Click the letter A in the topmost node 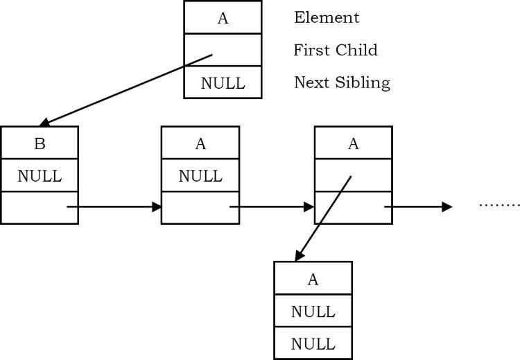point(223,18)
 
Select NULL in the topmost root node point(223,83)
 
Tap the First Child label point(335,51)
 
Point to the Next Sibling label point(342,83)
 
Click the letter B point(40,144)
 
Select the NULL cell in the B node point(40,176)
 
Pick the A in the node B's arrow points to point(200,144)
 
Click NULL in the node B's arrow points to point(200,176)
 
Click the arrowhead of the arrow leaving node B point(156,207)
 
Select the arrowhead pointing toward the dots point(447,207)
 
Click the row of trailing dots point(499,205)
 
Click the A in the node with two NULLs point(313,280)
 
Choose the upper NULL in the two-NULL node point(313,311)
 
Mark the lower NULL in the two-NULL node point(313,344)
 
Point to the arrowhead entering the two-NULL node point(298,256)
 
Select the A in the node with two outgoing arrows point(353,144)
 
